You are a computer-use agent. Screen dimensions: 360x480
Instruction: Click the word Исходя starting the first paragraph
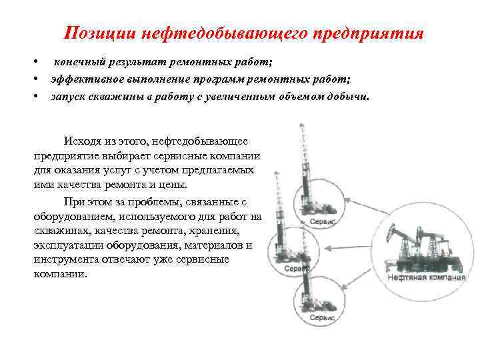pos(82,141)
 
